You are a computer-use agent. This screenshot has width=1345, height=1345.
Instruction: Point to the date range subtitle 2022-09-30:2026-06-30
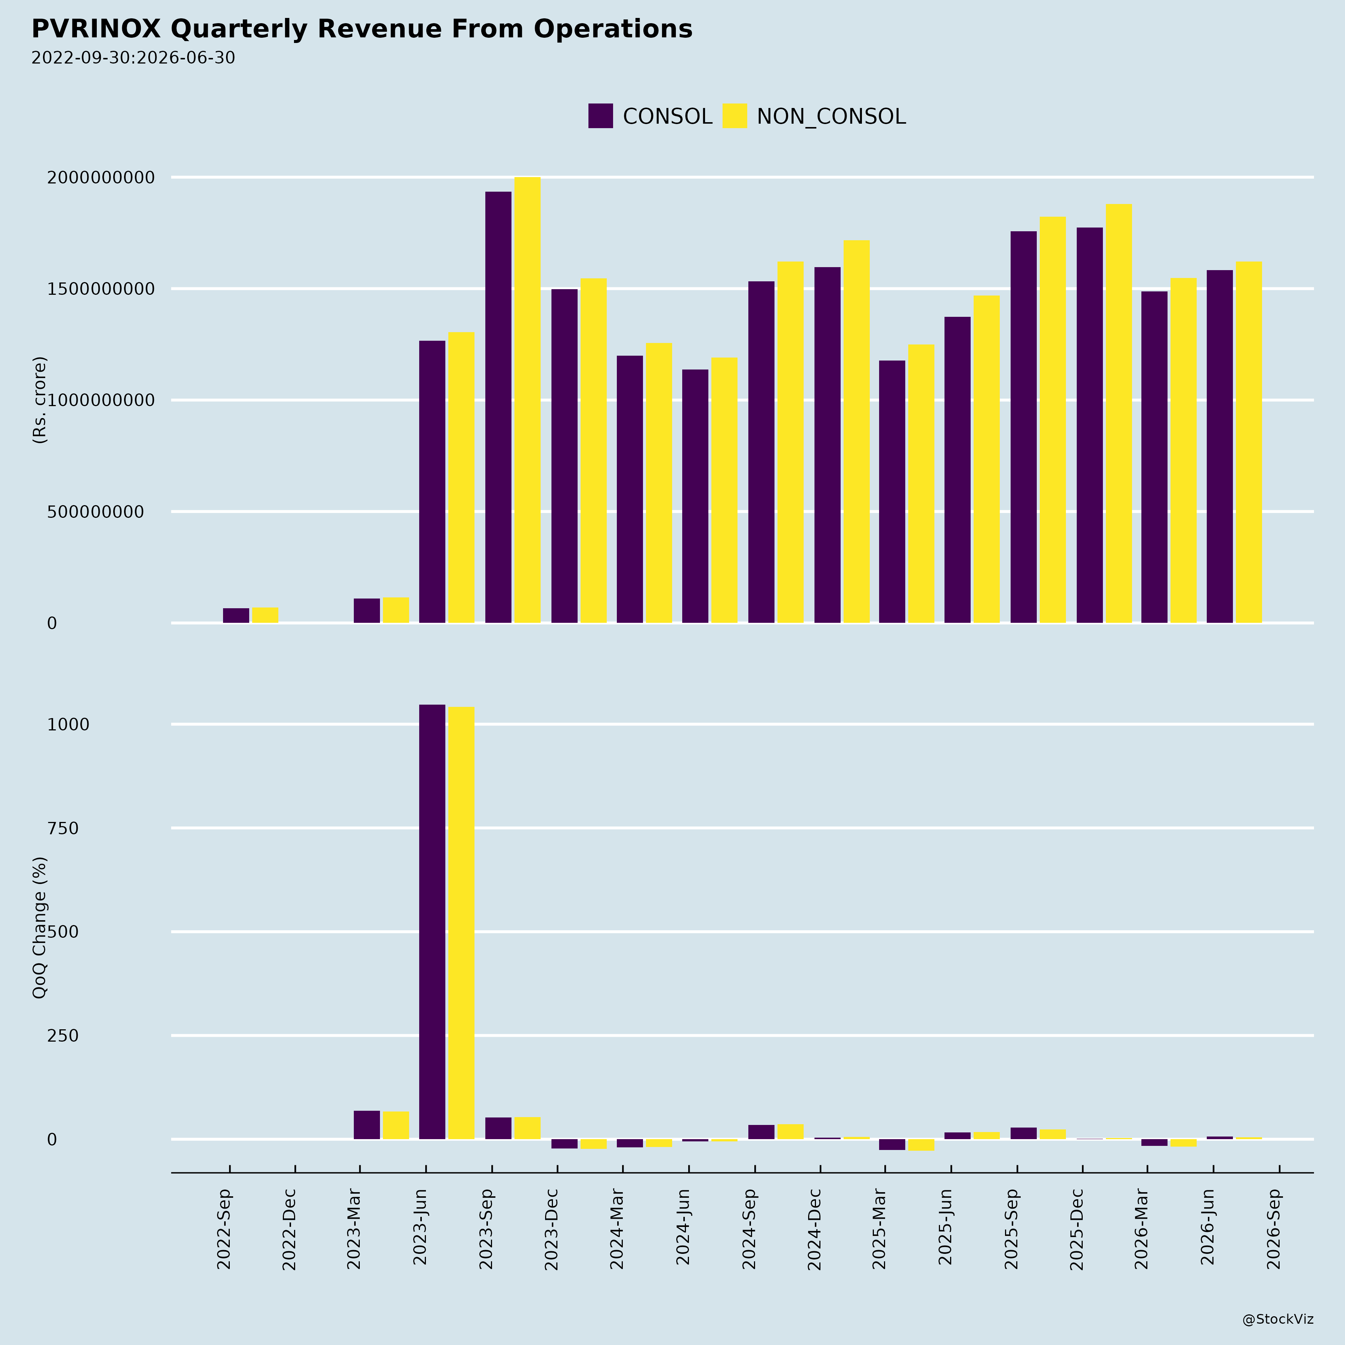pos(133,58)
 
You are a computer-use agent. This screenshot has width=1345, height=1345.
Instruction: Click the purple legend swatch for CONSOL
pos(600,115)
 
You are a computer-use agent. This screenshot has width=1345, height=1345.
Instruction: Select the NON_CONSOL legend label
pos(831,116)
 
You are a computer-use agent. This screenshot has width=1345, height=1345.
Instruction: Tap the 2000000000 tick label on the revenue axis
pos(100,177)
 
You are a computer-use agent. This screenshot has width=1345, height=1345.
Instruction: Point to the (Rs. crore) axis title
pos(40,400)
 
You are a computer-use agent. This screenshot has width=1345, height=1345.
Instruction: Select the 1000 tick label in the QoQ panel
pos(68,725)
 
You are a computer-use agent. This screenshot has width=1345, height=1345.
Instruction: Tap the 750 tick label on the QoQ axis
pos(63,828)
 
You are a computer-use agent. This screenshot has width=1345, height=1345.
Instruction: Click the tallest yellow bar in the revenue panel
pos(528,400)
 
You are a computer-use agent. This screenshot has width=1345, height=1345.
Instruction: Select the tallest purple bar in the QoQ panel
pos(432,922)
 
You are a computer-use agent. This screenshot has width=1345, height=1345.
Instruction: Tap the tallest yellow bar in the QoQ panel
pos(461,923)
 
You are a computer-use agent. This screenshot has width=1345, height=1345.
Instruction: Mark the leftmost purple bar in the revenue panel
pos(236,615)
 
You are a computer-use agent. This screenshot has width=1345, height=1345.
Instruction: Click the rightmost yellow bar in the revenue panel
pos(1249,442)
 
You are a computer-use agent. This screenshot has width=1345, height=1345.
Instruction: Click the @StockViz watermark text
pos(1278,1319)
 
